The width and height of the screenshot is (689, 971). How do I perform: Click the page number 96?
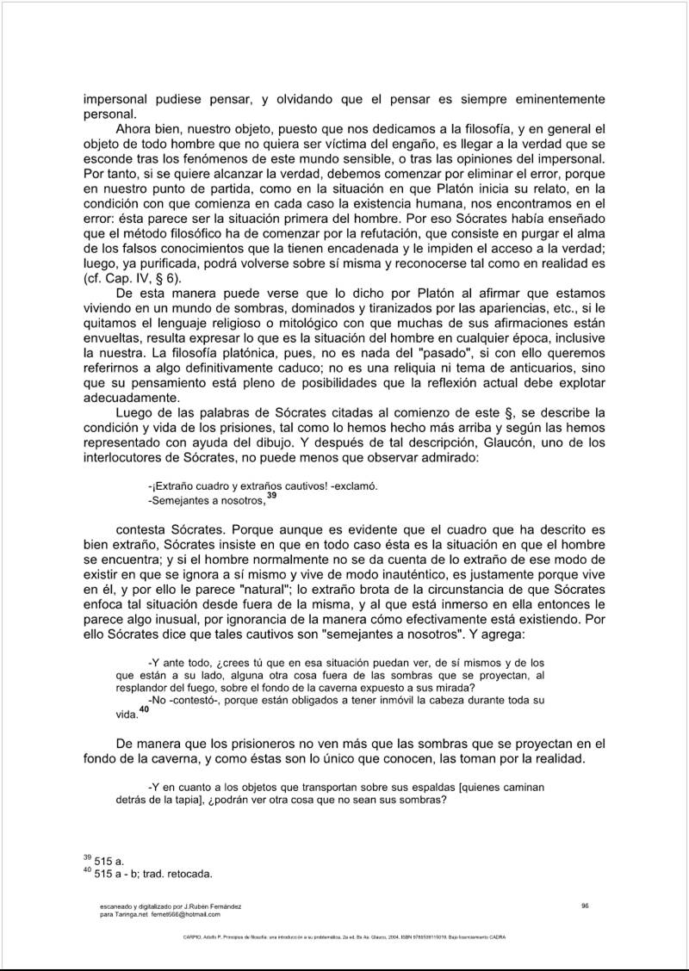tap(585, 905)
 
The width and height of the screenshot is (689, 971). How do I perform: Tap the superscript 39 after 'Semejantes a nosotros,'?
tap(271, 495)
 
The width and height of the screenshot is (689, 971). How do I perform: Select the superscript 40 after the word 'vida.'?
tap(144, 708)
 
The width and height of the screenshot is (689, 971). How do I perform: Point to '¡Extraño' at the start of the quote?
tap(172, 485)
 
